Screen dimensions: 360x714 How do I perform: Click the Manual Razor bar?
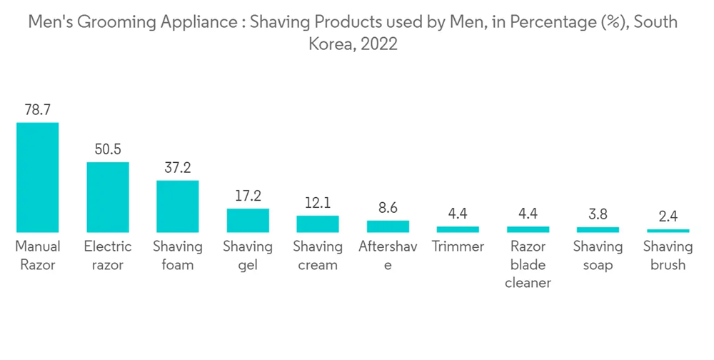pos(38,177)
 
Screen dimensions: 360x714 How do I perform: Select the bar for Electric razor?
pos(108,197)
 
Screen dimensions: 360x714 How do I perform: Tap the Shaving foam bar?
pos(178,206)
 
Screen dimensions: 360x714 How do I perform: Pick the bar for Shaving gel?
pos(248,220)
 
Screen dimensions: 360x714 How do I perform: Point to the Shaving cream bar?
pos(318,224)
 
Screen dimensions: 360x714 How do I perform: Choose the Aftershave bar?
pos(388,226)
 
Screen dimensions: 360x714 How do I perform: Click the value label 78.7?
pos(38,110)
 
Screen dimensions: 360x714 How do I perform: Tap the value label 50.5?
pos(108,149)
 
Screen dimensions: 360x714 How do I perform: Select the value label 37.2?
pos(178,168)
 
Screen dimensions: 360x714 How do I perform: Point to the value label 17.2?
pos(248,196)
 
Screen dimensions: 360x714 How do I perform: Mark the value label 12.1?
pos(318,203)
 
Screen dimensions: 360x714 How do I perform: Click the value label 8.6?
pos(388,208)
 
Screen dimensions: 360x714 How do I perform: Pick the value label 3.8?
pos(598,214)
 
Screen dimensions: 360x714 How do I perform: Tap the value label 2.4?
pos(668,216)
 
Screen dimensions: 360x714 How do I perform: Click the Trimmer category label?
pos(458,247)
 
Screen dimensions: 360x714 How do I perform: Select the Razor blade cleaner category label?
pos(528,265)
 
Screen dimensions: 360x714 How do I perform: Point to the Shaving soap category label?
pos(598,256)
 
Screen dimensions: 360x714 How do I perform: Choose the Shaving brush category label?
pos(668,256)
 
